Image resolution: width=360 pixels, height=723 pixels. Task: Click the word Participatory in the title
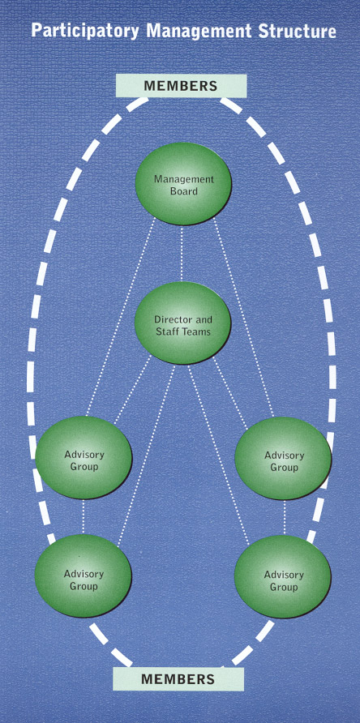[x=85, y=31]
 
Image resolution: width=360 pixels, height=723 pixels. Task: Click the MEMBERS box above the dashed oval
[x=181, y=86]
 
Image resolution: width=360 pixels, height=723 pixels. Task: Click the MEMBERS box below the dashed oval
[x=178, y=678]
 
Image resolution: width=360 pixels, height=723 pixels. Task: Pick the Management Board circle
[x=183, y=183]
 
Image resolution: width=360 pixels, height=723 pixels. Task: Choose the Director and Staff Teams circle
[x=182, y=323]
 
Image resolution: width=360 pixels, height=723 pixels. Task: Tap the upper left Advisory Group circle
[x=84, y=457]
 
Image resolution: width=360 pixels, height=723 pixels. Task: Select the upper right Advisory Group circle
[x=283, y=458]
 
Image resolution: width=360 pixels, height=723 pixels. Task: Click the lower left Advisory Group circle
[x=83, y=576]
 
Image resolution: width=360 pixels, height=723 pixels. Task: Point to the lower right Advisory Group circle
[x=282, y=577]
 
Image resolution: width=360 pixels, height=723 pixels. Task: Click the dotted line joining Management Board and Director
[x=182, y=253]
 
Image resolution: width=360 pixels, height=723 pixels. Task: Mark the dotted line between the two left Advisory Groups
[x=84, y=516]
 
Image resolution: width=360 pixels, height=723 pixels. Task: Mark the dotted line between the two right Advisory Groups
[x=284, y=517]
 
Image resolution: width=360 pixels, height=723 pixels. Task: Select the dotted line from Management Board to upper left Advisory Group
[x=121, y=316]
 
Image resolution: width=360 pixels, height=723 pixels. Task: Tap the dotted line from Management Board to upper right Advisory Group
[x=244, y=317]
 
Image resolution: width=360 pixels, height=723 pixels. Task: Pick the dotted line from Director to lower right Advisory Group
[x=218, y=454]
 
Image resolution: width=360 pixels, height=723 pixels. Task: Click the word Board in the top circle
[x=184, y=190]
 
